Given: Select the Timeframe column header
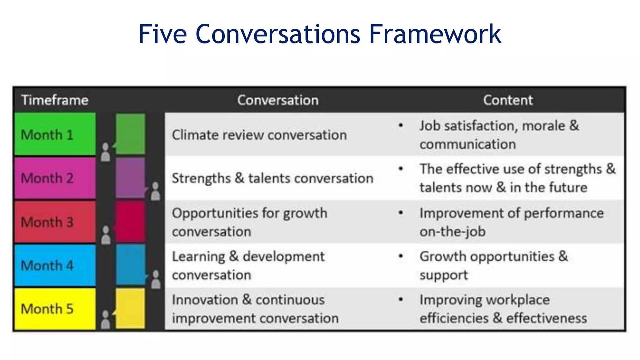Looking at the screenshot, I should click(55, 100).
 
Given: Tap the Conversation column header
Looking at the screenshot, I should click(278, 100).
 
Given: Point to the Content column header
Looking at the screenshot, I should click(508, 100).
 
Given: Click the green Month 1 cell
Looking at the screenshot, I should click(55, 134).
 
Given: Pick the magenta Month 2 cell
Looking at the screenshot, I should click(55, 178).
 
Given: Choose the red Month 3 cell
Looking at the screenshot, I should click(55, 222).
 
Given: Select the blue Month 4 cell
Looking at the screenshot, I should click(55, 265).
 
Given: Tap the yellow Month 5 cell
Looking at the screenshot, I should click(55, 309).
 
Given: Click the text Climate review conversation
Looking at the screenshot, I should click(259, 135).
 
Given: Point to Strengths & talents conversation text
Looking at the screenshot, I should click(272, 178).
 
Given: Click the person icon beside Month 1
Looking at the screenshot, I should click(106, 152).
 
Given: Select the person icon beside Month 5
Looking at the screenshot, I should click(106, 319).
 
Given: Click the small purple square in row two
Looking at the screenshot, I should click(130, 178).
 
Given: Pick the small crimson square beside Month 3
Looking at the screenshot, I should click(130, 222).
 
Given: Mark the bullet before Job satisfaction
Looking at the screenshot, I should click(401, 126).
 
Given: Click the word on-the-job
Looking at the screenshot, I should click(452, 232).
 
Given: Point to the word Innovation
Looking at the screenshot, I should click(205, 300).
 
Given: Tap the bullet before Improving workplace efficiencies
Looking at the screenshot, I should click(401, 300).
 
